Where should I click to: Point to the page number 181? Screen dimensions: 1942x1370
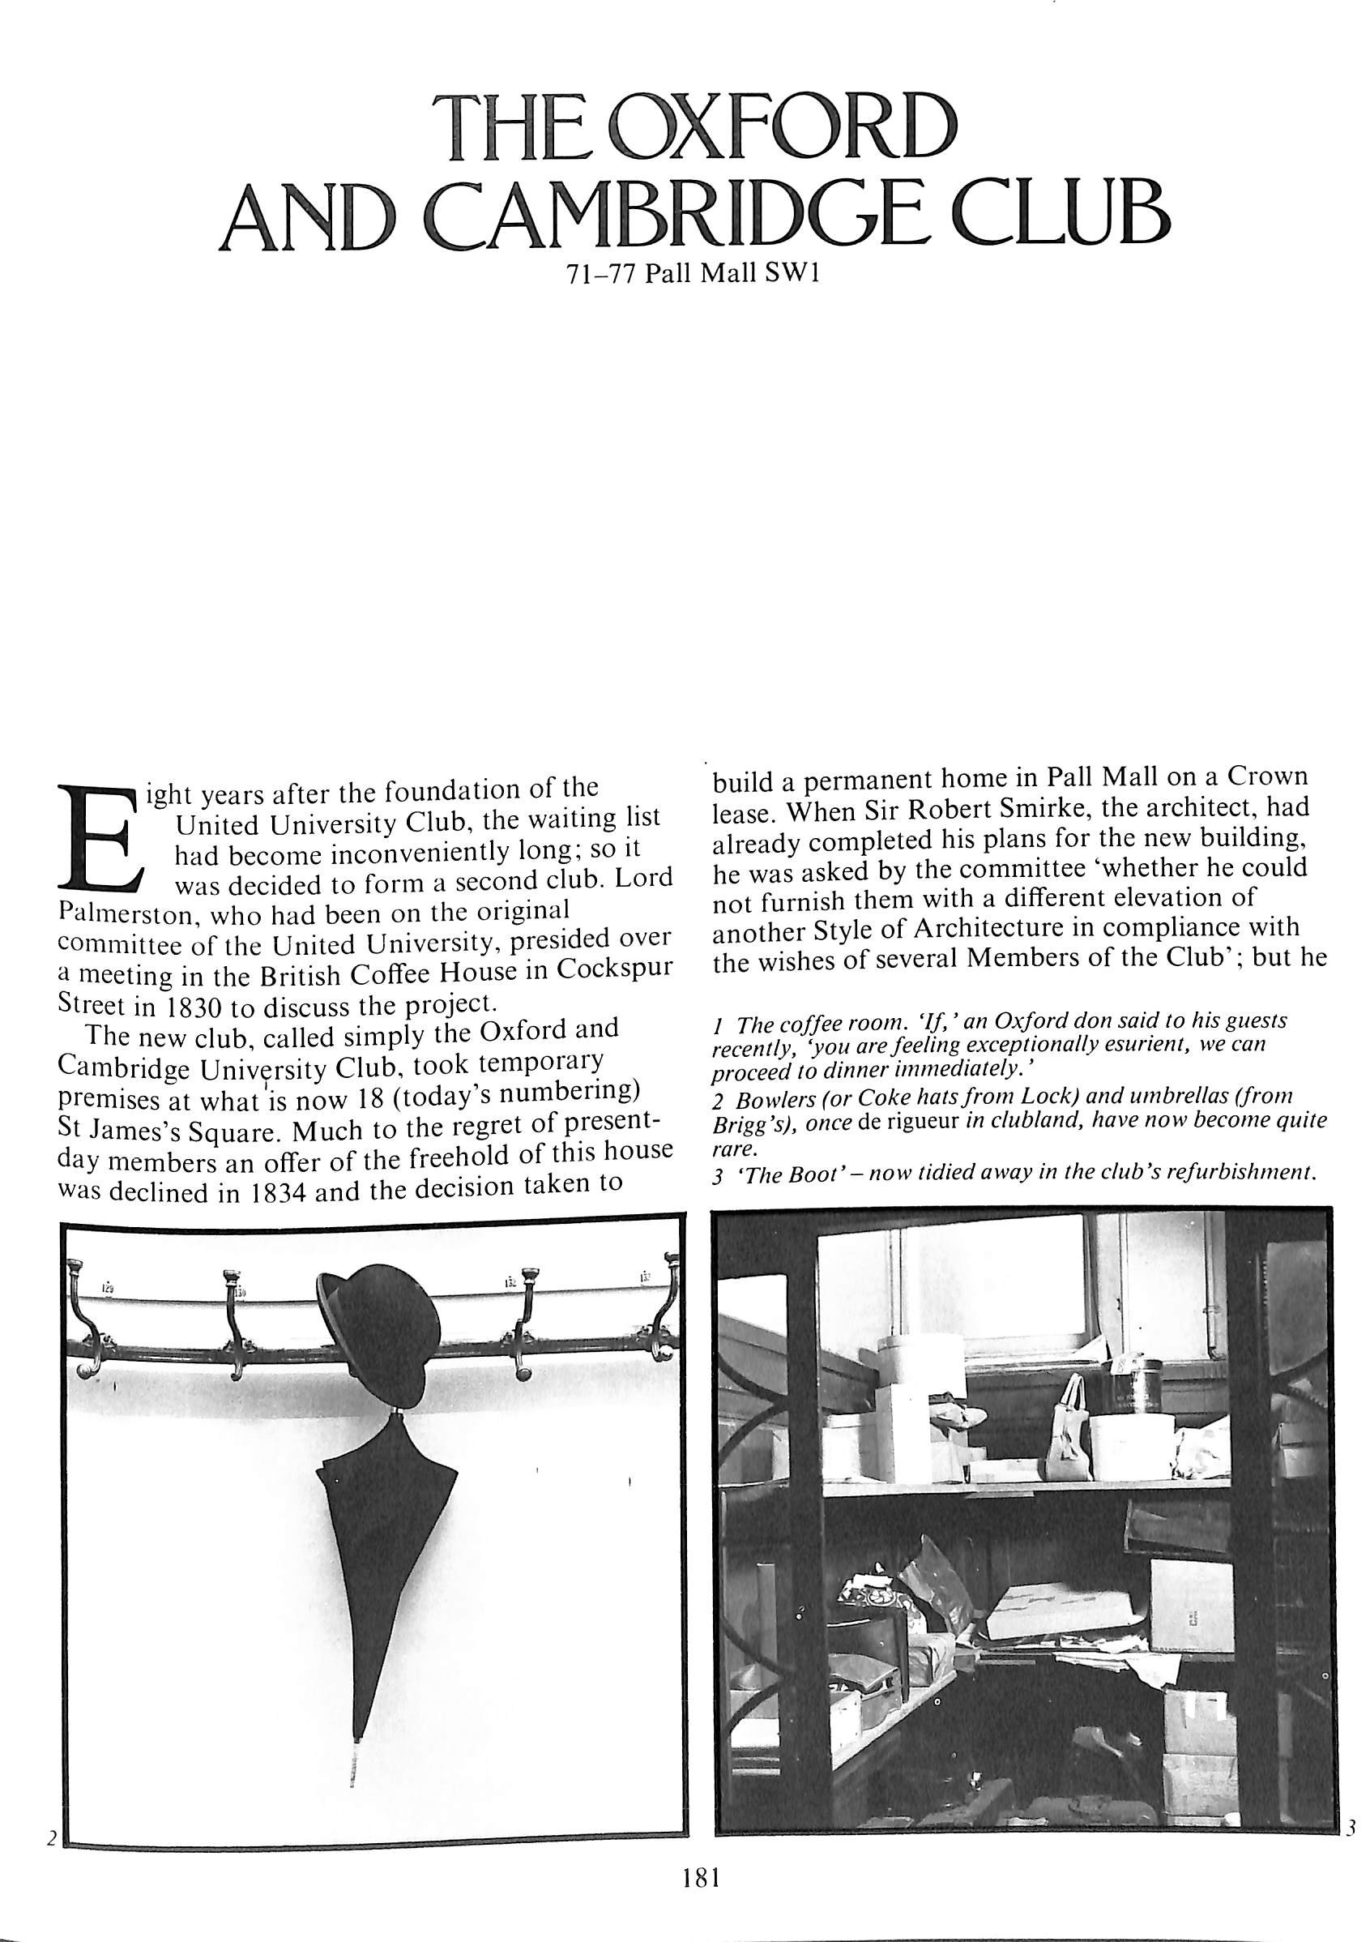point(698,1877)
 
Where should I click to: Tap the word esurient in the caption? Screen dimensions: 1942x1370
point(1132,1046)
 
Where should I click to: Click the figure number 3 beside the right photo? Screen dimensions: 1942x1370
point(1351,1828)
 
